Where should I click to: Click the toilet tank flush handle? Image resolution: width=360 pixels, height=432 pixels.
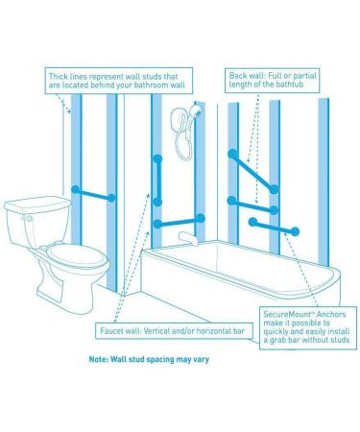coord(27,218)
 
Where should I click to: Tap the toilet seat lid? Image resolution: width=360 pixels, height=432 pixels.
coord(78,255)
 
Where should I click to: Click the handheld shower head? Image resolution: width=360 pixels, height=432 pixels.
coord(195,109)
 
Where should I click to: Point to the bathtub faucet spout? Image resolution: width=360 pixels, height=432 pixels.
coord(188,239)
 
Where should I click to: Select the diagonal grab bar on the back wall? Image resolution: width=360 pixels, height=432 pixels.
coord(253,172)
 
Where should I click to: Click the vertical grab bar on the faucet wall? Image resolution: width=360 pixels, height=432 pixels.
coord(157,180)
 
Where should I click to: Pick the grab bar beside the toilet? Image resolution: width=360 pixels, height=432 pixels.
coord(93,194)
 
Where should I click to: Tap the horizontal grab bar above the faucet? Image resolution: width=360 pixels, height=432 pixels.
coord(179,221)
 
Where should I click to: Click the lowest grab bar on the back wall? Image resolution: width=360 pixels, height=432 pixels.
coord(274,227)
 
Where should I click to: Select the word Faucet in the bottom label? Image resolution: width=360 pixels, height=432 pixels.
coord(111,331)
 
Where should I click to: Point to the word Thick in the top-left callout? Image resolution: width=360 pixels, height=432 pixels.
coord(58,77)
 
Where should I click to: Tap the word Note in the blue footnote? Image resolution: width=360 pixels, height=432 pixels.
coord(98,359)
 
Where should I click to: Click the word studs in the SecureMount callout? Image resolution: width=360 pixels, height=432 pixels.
coord(340,340)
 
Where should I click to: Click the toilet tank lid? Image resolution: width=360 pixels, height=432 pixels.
coord(37,204)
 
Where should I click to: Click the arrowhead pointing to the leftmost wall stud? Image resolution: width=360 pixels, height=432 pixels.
coord(68,110)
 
